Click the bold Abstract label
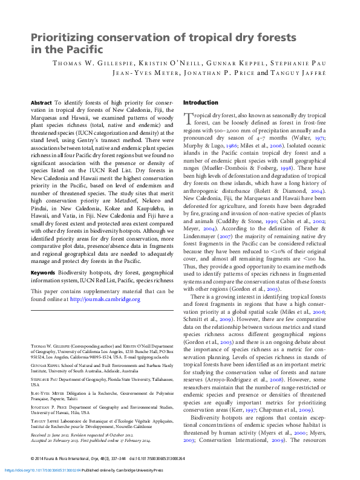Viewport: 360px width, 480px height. [41, 103]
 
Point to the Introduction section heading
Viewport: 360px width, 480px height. [200, 103]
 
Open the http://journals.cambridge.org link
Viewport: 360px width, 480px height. [105, 299]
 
